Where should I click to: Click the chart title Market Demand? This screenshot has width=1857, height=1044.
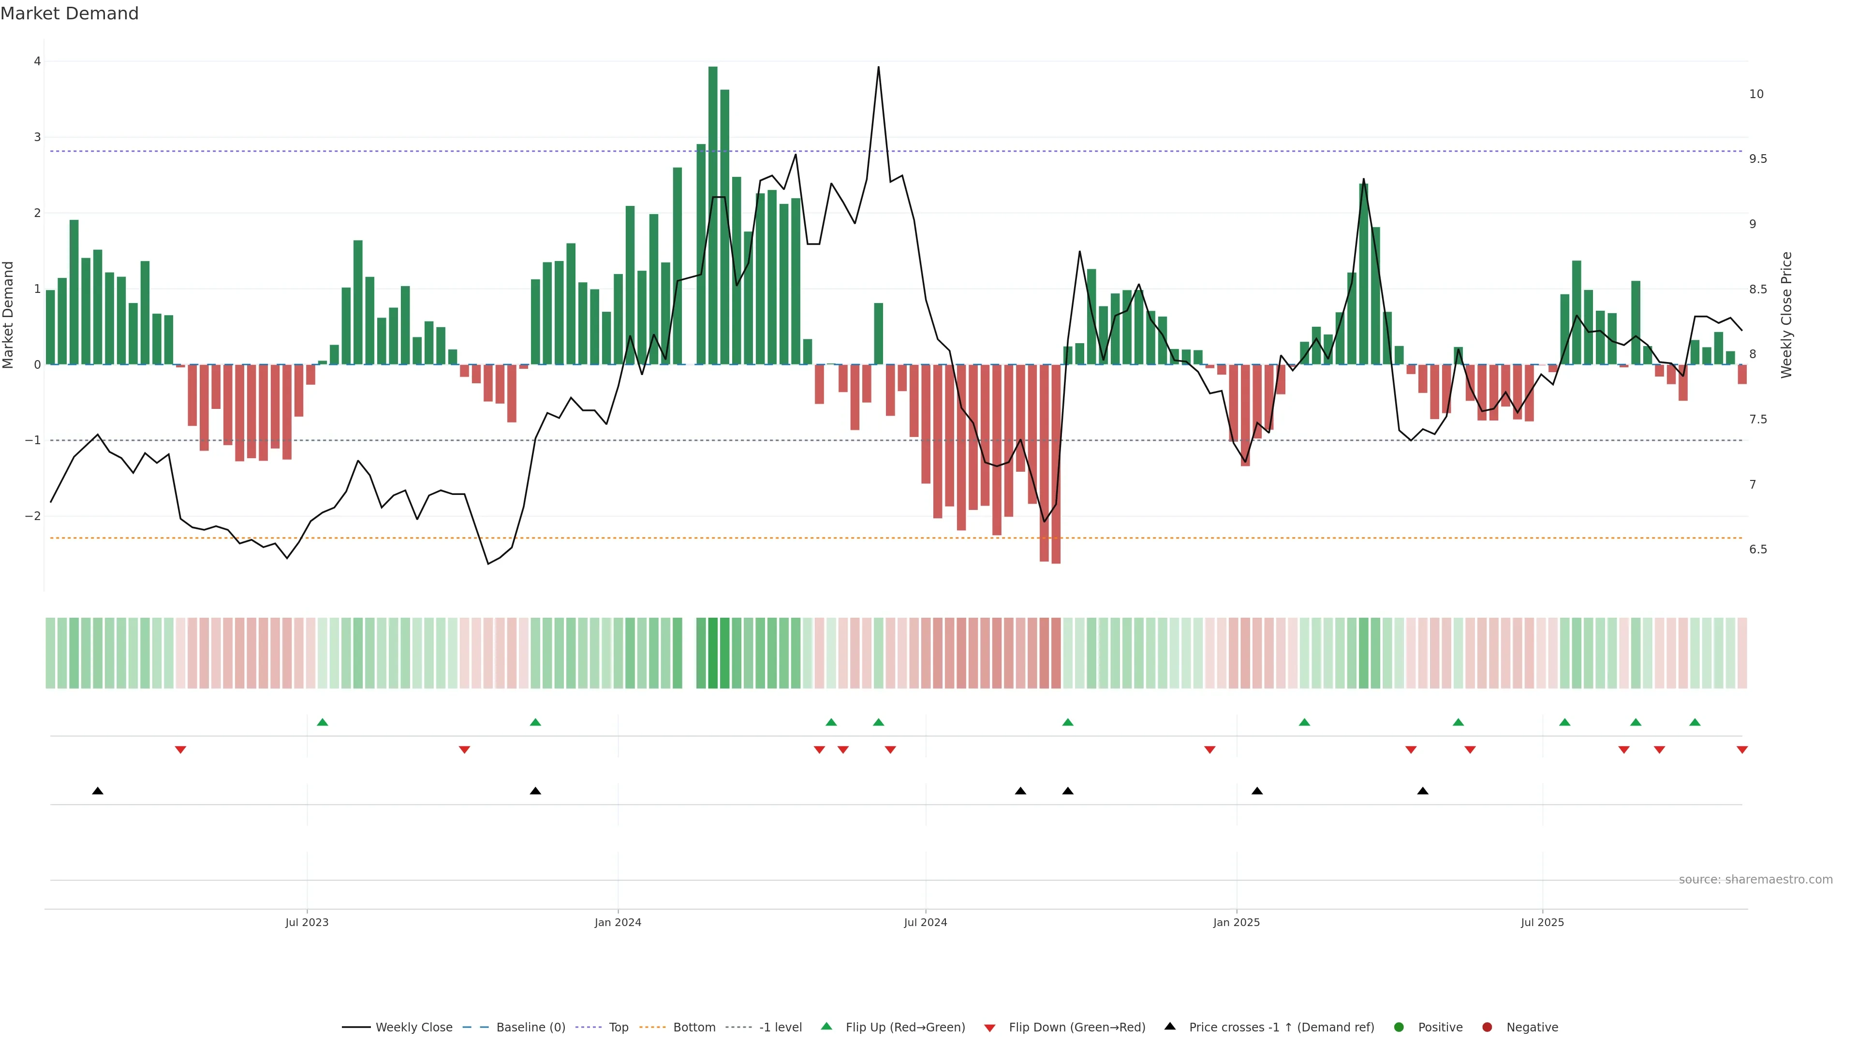click(x=69, y=14)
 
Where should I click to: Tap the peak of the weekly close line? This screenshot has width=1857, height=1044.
click(x=878, y=68)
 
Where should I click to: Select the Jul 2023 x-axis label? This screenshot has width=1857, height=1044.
click(x=307, y=922)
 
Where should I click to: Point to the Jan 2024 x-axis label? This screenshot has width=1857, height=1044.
click(x=618, y=922)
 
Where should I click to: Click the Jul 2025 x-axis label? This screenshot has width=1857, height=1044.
click(x=1542, y=922)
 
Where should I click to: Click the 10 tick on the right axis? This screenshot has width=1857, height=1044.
click(x=1756, y=94)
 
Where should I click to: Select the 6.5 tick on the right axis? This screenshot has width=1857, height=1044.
click(x=1757, y=549)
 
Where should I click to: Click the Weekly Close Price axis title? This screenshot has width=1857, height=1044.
click(x=1785, y=314)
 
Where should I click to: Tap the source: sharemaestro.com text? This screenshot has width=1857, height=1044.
click(x=1755, y=879)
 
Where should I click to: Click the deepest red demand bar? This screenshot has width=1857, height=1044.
click(x=1055, y=464)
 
